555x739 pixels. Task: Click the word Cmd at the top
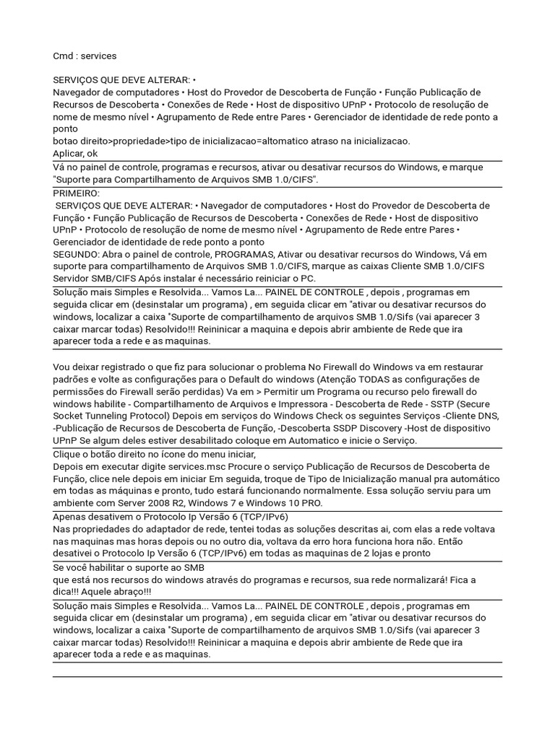64,56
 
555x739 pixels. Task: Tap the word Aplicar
69,153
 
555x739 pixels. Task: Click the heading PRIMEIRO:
77,193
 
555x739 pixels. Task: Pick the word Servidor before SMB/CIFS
72,279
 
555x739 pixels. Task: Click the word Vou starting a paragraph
62,367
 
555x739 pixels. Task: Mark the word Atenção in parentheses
351,380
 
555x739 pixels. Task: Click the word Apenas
71,517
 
